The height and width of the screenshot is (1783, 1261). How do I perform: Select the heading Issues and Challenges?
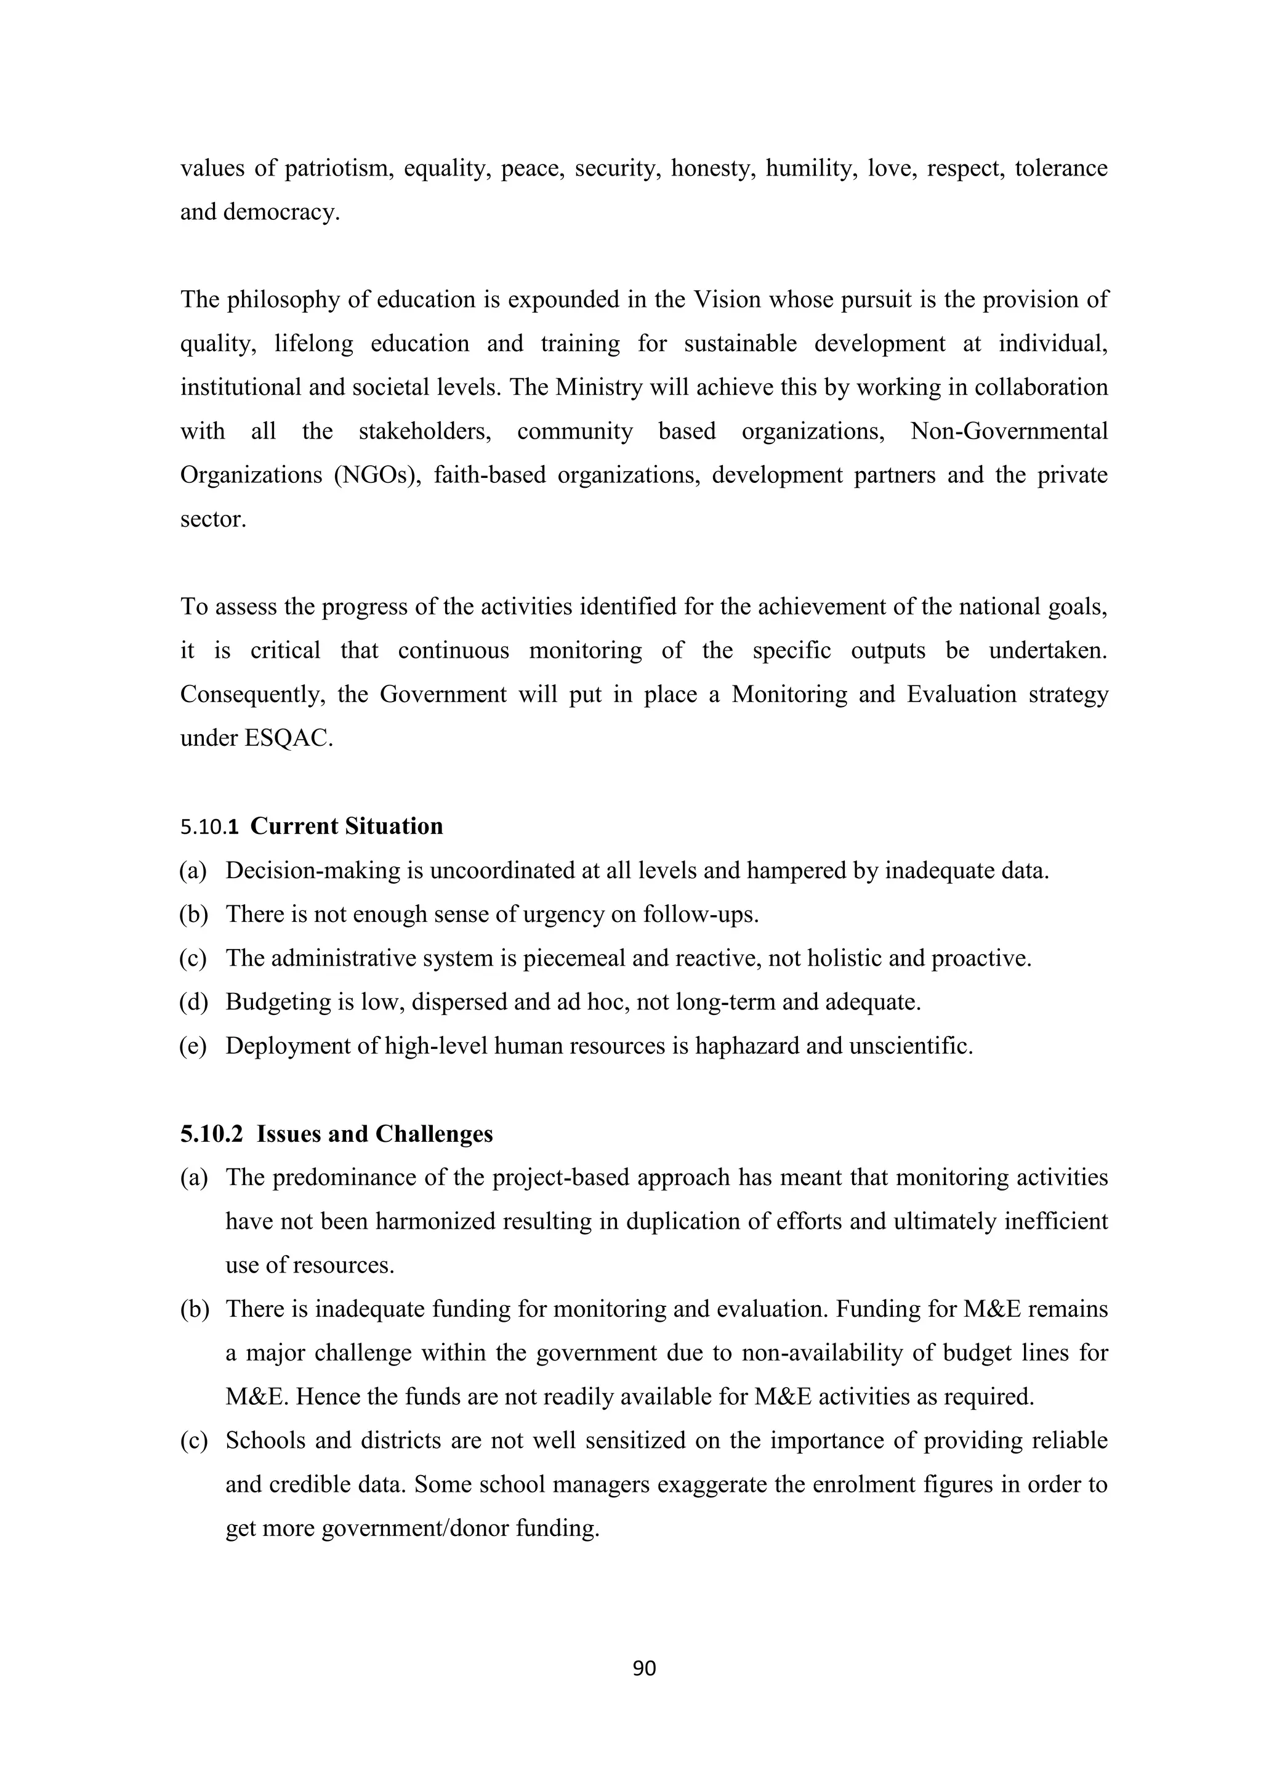tap(374, 1134)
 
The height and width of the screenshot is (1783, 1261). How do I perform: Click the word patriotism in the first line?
tap(336, 169)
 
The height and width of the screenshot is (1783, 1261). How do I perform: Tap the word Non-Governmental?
tap(1009, 431)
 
